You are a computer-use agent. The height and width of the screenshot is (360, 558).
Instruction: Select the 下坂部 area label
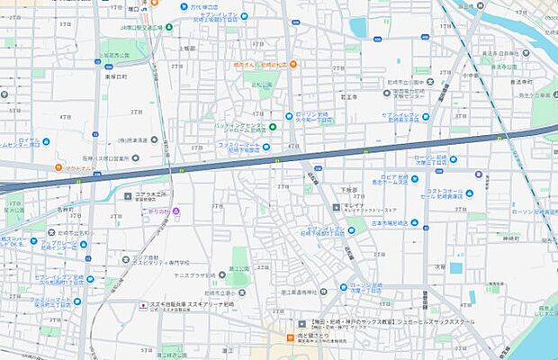click(x=350, y=190)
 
